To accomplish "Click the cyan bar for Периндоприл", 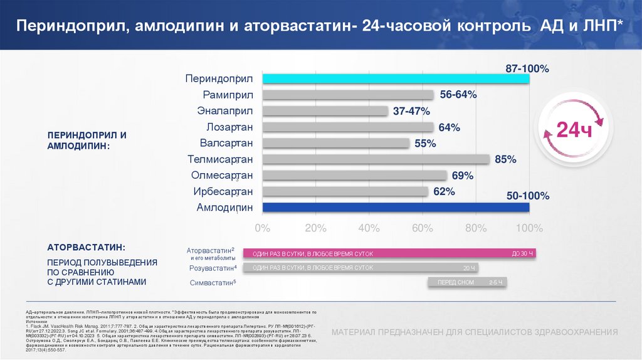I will pos(396,78).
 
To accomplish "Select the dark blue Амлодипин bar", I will pos(396,208).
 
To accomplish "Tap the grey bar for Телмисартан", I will pos(376,159).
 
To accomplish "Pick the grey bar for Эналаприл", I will pos(325,111).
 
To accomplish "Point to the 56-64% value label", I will pos(458,95).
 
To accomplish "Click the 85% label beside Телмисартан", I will pos(505,160).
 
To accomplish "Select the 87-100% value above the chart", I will pos(527,68).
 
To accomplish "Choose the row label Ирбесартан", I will pos(224,191).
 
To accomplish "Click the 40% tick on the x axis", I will pos(369,227).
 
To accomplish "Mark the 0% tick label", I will pos(263,227).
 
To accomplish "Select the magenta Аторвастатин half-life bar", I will pos(389,253).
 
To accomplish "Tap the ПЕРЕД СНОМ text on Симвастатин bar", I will pos(456,283).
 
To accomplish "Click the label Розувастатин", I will pos(212,268).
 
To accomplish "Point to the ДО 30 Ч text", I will pos(522,253).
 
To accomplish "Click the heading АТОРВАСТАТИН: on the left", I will pos(87,247).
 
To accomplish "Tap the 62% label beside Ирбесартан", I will pos(443,191).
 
